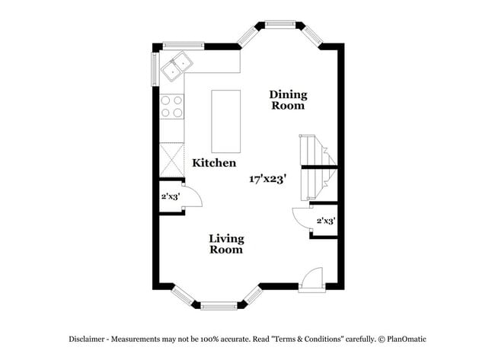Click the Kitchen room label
[213, 163]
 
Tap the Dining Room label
[288, 100]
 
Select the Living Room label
[226, 244]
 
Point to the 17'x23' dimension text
[267, 180]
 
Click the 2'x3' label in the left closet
[170, 196]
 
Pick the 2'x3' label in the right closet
[326, 221]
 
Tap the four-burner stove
[173, 106]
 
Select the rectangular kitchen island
[225, 122]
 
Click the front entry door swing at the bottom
[311, 279]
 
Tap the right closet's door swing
[302, 215]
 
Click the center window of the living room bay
[219, 306]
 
